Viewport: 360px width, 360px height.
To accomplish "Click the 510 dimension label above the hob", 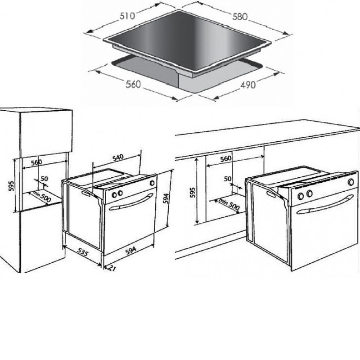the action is pos(127,16).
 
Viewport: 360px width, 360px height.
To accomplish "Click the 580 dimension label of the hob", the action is pos(240,17).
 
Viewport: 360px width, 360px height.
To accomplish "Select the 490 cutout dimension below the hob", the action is pos(248,85).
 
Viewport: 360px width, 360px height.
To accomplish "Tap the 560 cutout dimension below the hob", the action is pos(133,84).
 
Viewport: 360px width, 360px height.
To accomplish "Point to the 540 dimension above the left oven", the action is pos(118,157).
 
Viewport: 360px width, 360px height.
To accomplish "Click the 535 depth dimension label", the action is pos(82,252).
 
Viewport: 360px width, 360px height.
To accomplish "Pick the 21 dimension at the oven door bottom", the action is pos(111,268).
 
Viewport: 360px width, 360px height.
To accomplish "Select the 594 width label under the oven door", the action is pos(130,251).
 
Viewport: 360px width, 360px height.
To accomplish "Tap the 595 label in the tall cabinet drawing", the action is pos(11,186).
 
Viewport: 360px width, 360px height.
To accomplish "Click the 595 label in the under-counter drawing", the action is pos(193,193).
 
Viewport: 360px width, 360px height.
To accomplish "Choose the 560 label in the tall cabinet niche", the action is pos(36,162).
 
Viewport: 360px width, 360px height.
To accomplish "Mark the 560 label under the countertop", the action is pos(226,158).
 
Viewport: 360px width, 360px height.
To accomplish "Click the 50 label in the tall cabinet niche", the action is pos(44,178).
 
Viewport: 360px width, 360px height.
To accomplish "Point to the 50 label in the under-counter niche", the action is pos(228,179).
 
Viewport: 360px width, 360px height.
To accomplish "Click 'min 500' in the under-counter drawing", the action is pos(229,204).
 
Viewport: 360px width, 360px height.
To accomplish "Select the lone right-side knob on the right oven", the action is pos(351,182).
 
